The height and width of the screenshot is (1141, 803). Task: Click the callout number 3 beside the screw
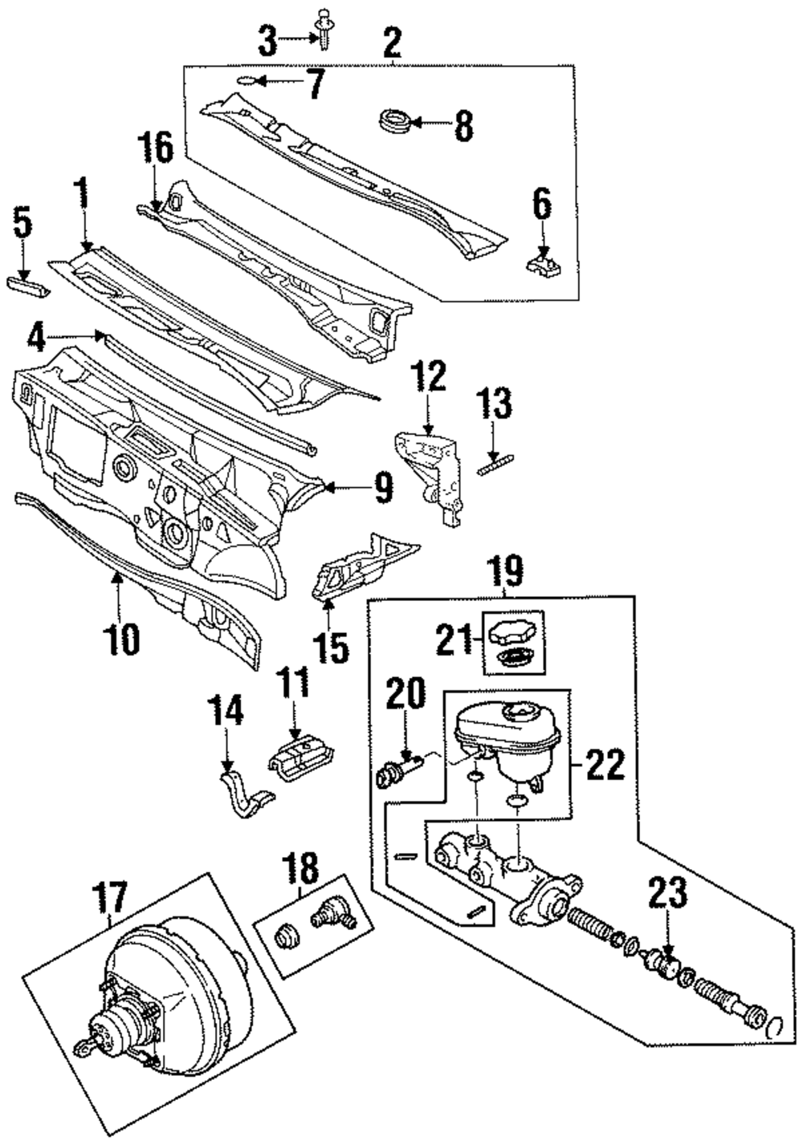point(267,39)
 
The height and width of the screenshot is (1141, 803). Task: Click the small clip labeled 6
point(544,262)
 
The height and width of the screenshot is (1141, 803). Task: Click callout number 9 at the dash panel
point(381,487)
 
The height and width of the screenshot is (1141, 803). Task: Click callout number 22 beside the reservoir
point(603,765)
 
